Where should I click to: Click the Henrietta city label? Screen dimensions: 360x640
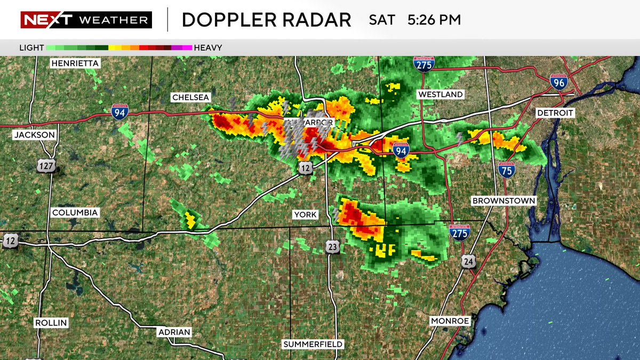pos(75,63)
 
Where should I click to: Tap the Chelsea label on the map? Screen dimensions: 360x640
pos(191,97)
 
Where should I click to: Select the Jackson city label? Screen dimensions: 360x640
pos(35,135)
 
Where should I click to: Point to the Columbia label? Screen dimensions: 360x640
pos(75,212)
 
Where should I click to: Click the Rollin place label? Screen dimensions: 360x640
pos(52,323)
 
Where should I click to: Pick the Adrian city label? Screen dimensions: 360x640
pos(174,332)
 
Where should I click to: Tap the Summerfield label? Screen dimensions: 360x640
pos(313,343)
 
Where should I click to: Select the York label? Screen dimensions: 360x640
pos(306,214)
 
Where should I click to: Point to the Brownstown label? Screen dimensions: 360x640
pos(503,201)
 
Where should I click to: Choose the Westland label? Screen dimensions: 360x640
pos(441,94)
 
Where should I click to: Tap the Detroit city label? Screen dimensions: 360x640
pos(555,113)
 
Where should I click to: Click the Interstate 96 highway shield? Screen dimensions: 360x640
pos(558,82)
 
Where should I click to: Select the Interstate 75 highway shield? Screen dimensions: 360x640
pos(507,170)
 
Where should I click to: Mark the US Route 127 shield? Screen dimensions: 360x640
pos(46,166)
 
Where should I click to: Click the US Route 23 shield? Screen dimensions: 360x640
pos(333,246)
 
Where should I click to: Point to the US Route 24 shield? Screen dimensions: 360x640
pos(469,260)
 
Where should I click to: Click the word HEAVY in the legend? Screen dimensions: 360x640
pos(208,47)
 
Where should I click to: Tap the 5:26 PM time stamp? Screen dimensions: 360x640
pos(434,20)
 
